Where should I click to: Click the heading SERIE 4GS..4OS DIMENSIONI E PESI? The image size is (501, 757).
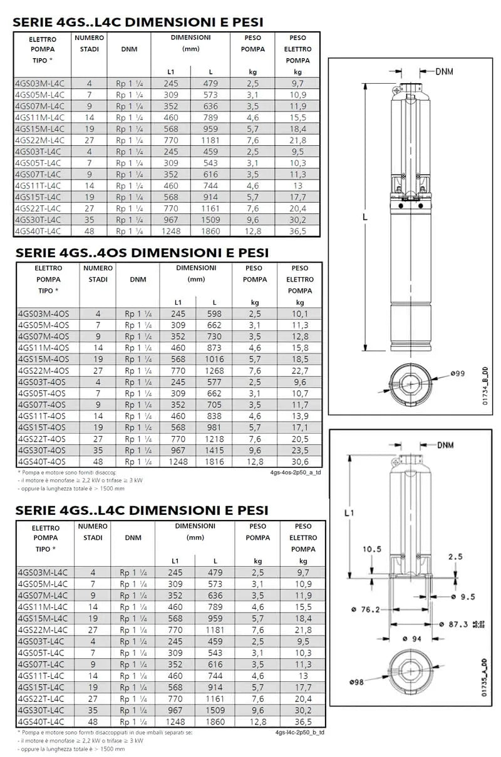[142, 252]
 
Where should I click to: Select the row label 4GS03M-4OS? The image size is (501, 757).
[43, 313]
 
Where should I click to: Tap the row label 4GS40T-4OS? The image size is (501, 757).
[43, 461]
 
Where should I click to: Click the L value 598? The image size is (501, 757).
[214, 313]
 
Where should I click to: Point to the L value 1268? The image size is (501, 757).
[214, 370]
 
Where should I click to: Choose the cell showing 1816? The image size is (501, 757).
[214, 461]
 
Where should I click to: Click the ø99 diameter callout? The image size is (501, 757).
[457, 373]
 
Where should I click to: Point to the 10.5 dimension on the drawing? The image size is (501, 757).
[371, 549]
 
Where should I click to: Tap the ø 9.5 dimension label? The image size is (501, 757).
[463, 596]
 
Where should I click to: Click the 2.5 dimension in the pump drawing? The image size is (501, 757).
[455, 556]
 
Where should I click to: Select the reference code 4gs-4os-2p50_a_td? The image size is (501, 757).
[296, 473]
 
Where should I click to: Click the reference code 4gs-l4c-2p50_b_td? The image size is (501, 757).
[299, 733]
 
